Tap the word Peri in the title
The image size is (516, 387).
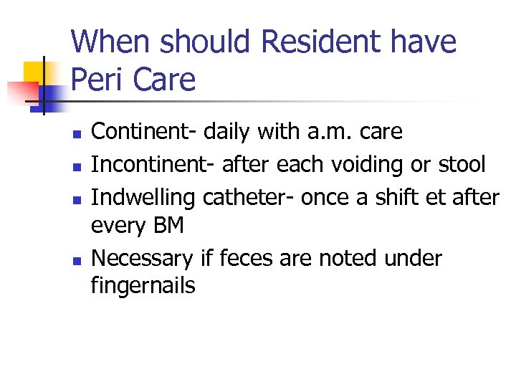click(x=97, y=80)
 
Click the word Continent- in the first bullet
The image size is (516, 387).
click(x=144, y=133)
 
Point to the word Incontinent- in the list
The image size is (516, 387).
click(x=153, y=164)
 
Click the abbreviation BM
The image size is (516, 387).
click(x=170, y=226)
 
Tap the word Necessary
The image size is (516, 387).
click(x=142, y=257)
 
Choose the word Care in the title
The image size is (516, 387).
click(x=163, y=80)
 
